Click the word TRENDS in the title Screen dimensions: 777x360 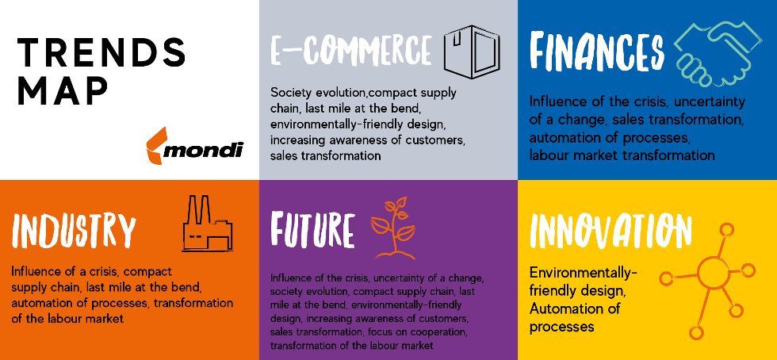[101, 52]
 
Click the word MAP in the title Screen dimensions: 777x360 [63, 91]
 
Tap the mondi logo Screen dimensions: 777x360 [195, 146]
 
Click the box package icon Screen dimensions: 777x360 [472, 52]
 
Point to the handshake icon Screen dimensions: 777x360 [718, 54]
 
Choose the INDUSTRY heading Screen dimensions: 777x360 [73, 231]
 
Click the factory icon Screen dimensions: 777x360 [208, 224]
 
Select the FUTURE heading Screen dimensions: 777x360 [312, 231]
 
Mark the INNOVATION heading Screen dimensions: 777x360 [610, 231]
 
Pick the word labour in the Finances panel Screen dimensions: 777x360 [549, 155]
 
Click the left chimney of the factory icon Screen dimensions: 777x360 [193, 210]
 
